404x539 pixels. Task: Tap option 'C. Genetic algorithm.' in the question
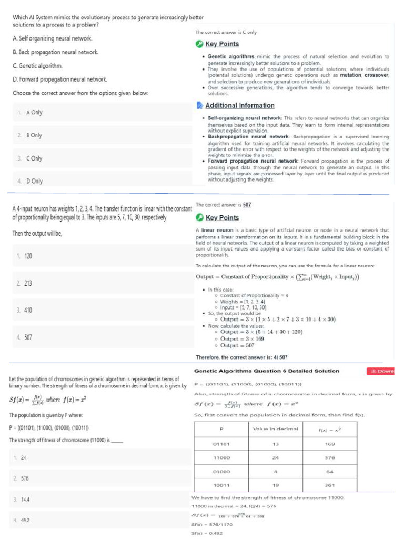click(37, 66)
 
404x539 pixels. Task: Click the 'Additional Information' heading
click(239, 105)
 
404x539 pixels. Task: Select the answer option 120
click(27, 256)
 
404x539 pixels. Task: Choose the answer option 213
click(27, 283)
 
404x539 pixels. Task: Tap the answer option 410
click(27, 310)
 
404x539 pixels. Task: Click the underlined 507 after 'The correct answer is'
click(247, 205)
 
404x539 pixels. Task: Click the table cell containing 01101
click(220, 444)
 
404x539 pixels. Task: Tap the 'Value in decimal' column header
click(275, 429)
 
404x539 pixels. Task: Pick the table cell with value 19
click(275, 485)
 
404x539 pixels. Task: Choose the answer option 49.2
click(25, 520)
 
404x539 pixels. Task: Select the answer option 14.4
click(25, 498)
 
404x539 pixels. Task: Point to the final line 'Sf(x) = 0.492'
click(208, 533)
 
